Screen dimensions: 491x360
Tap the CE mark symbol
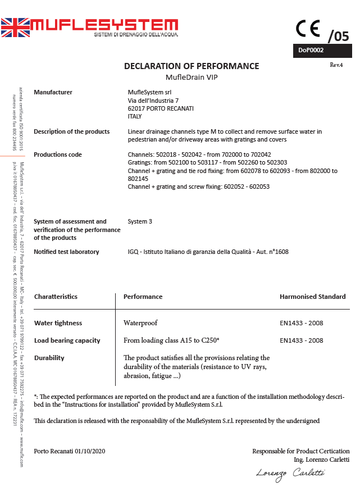click(308, 28)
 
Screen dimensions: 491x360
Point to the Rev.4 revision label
click(336, 65)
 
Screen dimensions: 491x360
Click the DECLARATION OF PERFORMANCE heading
click(192, 66)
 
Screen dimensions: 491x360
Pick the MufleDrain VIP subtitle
click(192, 77)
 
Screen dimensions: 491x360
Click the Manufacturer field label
click(53, 92)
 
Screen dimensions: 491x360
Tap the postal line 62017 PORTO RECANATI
click(157, 108)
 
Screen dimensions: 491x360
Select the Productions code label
click(58, 154)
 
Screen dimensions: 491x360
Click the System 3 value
click(140, 221)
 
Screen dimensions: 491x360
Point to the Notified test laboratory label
click(66, 252)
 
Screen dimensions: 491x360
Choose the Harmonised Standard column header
click(312, 297)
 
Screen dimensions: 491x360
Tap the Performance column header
click(143, 297)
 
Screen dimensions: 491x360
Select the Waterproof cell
click(140, 323)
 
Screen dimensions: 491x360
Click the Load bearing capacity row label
click(67, 340)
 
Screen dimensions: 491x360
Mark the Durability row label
click(49, 358)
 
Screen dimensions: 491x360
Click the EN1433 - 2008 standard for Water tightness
click(301, 323)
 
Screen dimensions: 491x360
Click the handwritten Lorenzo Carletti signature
click(290, 473)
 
